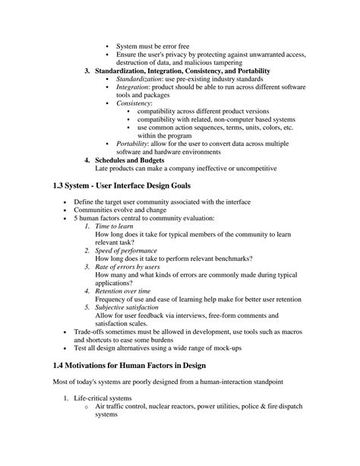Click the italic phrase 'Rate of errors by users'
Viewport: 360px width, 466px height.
tap(128, 268)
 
